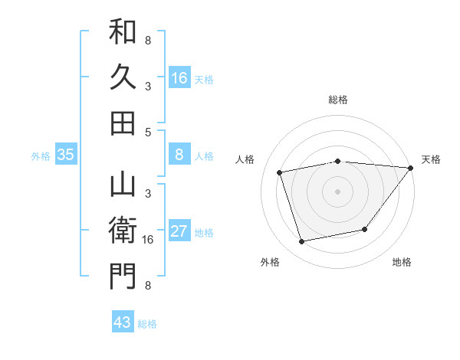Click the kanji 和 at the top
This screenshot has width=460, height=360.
coord(123,33)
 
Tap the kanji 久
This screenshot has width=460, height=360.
coord(123,77)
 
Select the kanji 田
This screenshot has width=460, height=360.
coord(123,122)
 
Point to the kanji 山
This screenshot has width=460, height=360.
coord(123,187)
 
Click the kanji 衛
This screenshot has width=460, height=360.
coord(123,231)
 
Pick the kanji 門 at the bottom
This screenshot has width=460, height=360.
coord(123,276)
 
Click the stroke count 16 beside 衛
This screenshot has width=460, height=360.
coord(148,240)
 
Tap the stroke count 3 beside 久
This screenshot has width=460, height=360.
coord(148,86)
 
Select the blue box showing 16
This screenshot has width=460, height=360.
coord(179,78)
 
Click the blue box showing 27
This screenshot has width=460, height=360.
coord(179,231)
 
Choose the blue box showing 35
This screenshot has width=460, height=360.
coord(66,155)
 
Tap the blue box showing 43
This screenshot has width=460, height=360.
coord(123,322)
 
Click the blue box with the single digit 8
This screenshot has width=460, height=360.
coord(179,155)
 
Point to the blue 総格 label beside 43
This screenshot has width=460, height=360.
coord(147,324)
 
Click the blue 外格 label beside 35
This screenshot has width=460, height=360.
coord(41,156)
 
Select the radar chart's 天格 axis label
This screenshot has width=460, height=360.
coord(431,159)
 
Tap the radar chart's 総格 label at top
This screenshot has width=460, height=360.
coord(337,100)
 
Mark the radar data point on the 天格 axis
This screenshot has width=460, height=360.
coord(410,168)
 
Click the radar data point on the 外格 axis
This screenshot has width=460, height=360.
coord(302,242)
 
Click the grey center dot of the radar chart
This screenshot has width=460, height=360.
coord(337,191)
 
